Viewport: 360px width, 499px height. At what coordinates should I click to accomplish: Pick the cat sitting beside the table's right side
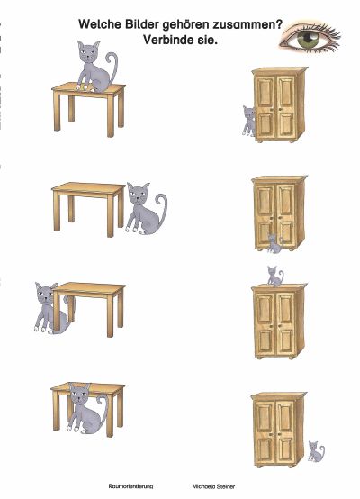(x=146, y=208)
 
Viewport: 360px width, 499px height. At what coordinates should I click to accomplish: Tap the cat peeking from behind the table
(x=50, y=308)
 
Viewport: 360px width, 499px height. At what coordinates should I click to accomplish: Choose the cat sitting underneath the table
(x=86, y=408)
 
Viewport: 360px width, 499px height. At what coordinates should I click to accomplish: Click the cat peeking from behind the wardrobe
(x=249, y=121)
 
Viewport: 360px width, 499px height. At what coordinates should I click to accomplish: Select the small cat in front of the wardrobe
(x=274, y=244)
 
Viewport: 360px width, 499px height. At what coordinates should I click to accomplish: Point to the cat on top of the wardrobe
(x=274, y=276)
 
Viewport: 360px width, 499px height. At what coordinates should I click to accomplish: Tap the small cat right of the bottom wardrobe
(x=316, y=451)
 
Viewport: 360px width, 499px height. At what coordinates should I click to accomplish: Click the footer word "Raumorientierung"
(x=130, y=486)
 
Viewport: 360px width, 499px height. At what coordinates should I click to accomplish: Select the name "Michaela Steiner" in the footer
(x=213, y=486)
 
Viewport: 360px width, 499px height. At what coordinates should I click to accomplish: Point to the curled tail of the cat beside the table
(x=162, y=207)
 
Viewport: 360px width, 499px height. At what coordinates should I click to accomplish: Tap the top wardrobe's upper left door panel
(x=265, y=91)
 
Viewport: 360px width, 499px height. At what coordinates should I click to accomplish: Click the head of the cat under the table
(x=80, y=394)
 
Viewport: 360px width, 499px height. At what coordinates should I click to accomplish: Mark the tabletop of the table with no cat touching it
(x=88, y=188)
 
